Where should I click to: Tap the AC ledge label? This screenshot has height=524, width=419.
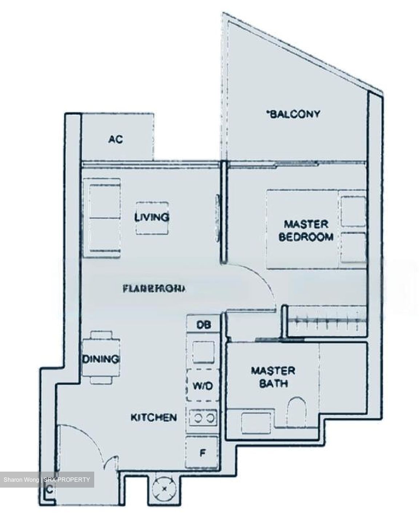coord(116,139)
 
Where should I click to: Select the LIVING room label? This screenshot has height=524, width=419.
coord(152,218)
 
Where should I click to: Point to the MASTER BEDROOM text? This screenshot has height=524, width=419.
coord(306,230)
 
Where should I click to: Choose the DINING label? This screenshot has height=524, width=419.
coord(101,359)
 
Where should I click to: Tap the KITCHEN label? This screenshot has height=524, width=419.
coord(153,417)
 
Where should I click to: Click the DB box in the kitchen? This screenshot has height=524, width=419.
coord(203,324)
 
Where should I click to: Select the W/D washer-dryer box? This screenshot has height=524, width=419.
coord(203,385)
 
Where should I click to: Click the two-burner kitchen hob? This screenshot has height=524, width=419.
coord(203,418)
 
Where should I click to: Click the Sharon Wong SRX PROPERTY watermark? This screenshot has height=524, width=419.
coord(47,480)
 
